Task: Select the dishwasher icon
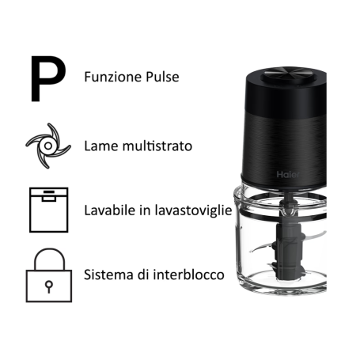click(44, 210)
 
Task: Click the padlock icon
click(44, 276)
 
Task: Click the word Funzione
click(111, 78)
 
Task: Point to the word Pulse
click(161, 78)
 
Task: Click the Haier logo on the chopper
click(286, 173)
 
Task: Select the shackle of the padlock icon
click(44, 257)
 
